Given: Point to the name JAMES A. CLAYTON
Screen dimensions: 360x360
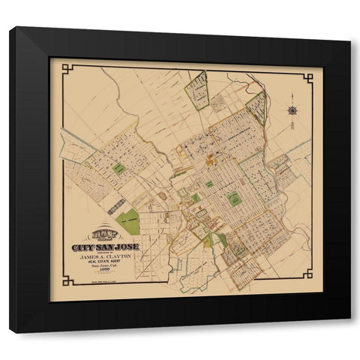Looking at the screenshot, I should pos(103,259).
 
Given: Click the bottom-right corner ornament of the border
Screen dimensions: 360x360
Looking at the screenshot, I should pos(304,281).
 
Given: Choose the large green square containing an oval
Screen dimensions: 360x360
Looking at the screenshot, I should pos(234,199).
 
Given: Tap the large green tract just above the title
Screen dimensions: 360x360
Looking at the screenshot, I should pos(128,221).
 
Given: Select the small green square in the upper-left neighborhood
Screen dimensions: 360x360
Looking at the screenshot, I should pos(118,169).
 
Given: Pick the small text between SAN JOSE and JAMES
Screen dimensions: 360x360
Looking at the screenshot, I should pos(103,254).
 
